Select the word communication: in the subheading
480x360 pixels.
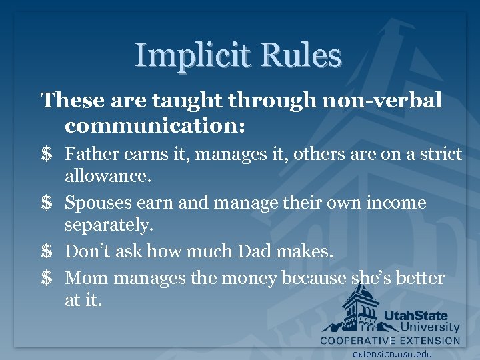click(155, 125)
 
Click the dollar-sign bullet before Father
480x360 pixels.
click(47, 155)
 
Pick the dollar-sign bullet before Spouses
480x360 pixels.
click(47, 203)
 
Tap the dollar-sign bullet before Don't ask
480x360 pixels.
click(47, 251)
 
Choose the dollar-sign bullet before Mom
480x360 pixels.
click(47, 277)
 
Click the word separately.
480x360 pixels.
click(109, 225)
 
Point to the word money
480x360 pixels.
click(249, 277)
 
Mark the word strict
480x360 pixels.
click(440, 155)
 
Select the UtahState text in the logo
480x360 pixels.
click(415, 315)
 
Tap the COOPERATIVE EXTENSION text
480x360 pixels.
click(390, 341)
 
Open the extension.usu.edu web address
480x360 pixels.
click(393, 354)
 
